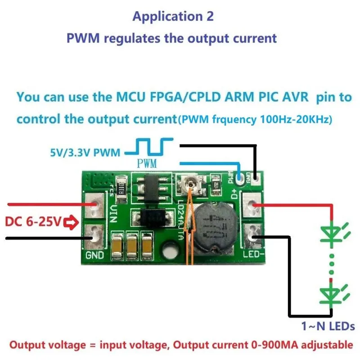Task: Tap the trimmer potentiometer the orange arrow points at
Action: [x=189, y=184]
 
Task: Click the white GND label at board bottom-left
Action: [x=94, y=256]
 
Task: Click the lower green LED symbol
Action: [x=332, y=294]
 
